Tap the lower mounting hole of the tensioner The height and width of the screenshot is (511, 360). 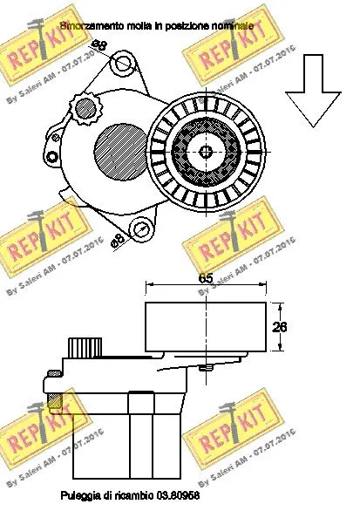[x=139, y=230]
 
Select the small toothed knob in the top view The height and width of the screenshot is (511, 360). [x=85, y=108]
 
